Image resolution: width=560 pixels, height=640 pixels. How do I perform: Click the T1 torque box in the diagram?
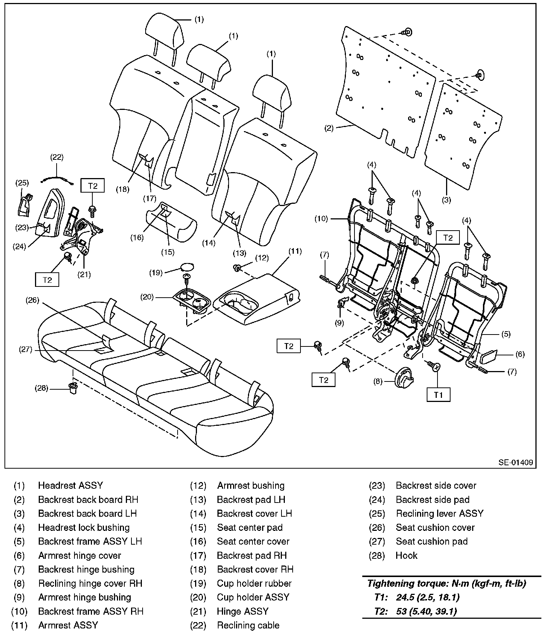click(x=438, y=395)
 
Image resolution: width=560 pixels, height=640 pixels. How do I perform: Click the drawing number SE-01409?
click(x=516, y=462)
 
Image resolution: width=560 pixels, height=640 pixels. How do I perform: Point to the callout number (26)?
click(x=32, y=300)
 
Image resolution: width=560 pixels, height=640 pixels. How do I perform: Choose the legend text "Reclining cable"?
click(x=248, y=625)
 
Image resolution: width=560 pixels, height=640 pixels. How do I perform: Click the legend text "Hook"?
click(x=406, y=555)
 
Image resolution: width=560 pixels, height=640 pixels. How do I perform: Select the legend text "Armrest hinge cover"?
click(x=80, y=555)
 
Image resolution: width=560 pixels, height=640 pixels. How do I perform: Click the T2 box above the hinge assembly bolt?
click(x=93, y=186)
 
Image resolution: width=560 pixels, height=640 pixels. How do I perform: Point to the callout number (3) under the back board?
click(x=446, y=200)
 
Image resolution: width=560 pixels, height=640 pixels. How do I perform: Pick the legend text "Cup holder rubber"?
click(x=254, y=583)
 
